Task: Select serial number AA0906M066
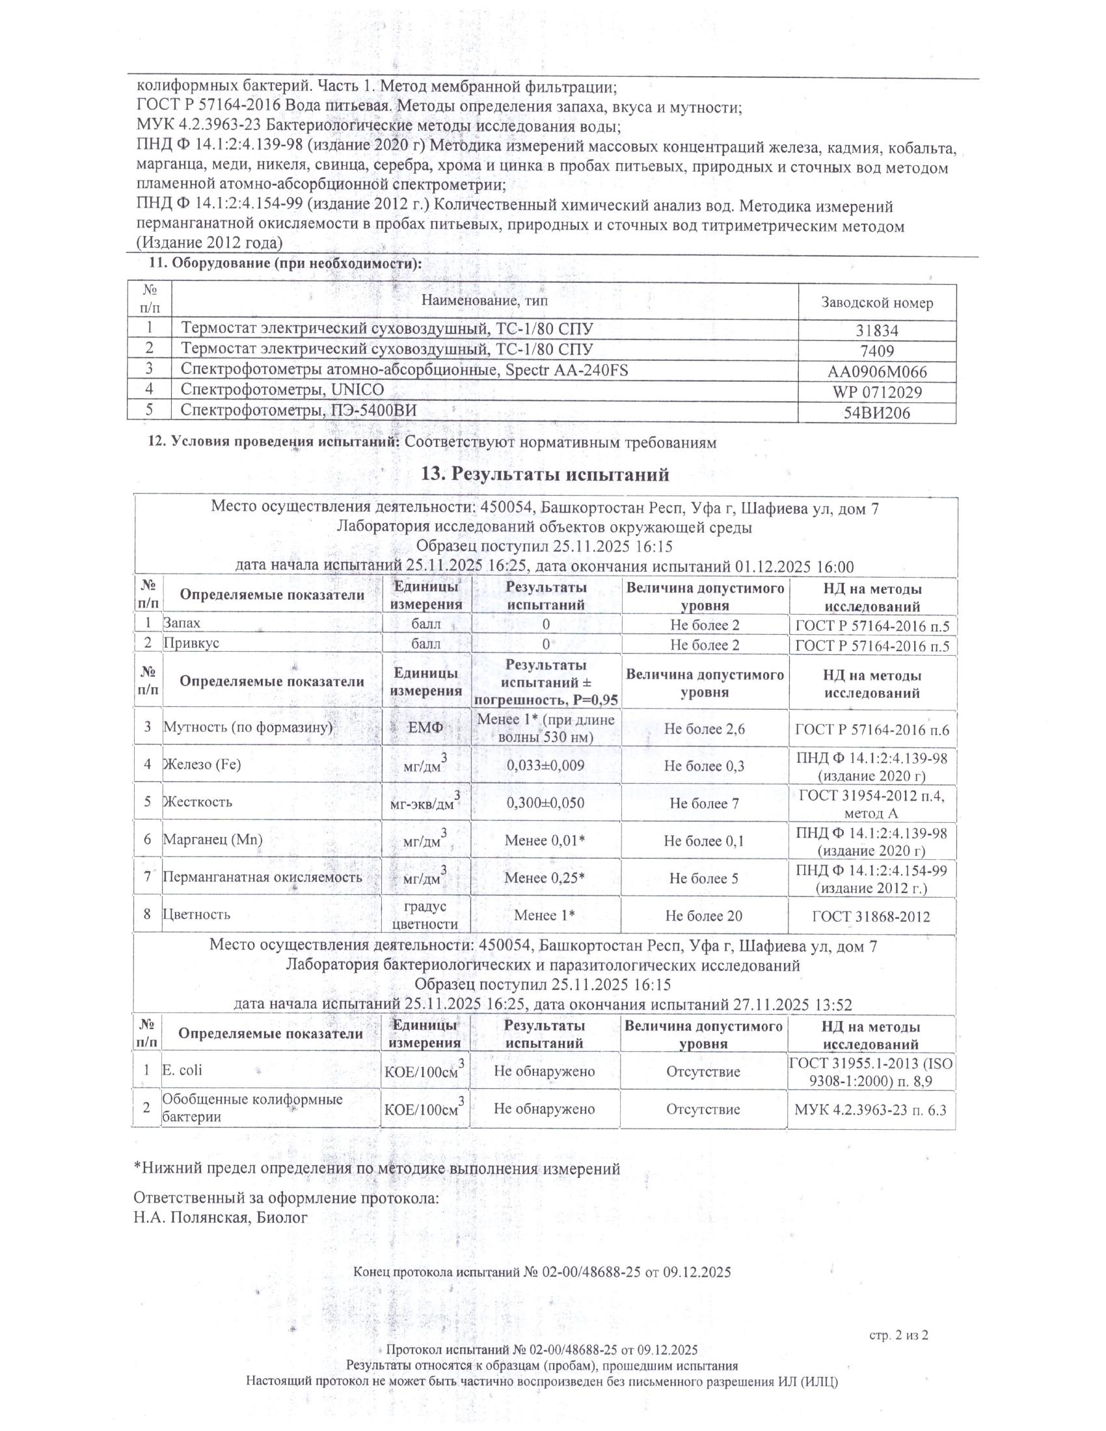click(877, 373)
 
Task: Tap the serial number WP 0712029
click(877, 392)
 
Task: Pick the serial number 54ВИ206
click(877, 413)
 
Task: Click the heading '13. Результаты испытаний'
click(545, 474)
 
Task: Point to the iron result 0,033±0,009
click(546, 765)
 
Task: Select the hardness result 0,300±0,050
click(546, 803)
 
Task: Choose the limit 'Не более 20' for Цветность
click(704, 915)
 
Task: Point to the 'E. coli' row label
click(182, 1070)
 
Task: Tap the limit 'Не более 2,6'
click(704, 729)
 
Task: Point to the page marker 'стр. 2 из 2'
click(899, 1335)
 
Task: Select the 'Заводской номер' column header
click(877, 302)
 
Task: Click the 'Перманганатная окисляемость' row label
click(262, 877)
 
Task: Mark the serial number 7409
click(877, 352)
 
